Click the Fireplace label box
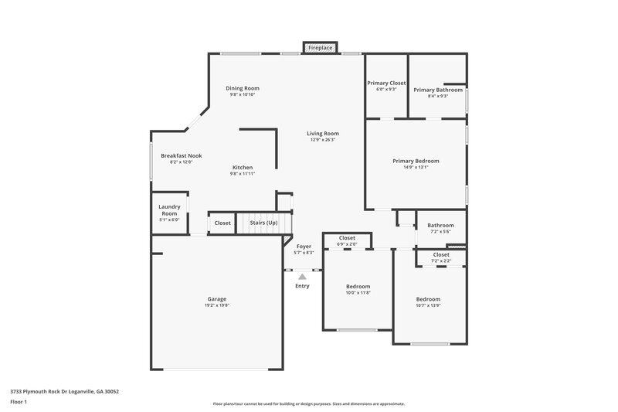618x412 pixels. coord(321,48)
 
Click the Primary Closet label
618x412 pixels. coord(386,83)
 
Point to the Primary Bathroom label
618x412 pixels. coord(438,90)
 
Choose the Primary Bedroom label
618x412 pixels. coord(416,161)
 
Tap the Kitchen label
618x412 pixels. coord(243,167)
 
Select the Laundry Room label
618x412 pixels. coord(169,209)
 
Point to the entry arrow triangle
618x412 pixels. coord(302,276)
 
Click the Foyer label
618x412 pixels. coord(304,246)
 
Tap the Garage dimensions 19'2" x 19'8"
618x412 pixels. coord(216,305)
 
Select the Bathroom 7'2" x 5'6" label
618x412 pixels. coord(441,226)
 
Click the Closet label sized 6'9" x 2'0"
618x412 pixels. coord(347,238)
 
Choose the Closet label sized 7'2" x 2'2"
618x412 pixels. coord(441,254)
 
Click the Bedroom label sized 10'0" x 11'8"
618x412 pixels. coord(358,286)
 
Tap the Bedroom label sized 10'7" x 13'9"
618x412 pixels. coord(428,299)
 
